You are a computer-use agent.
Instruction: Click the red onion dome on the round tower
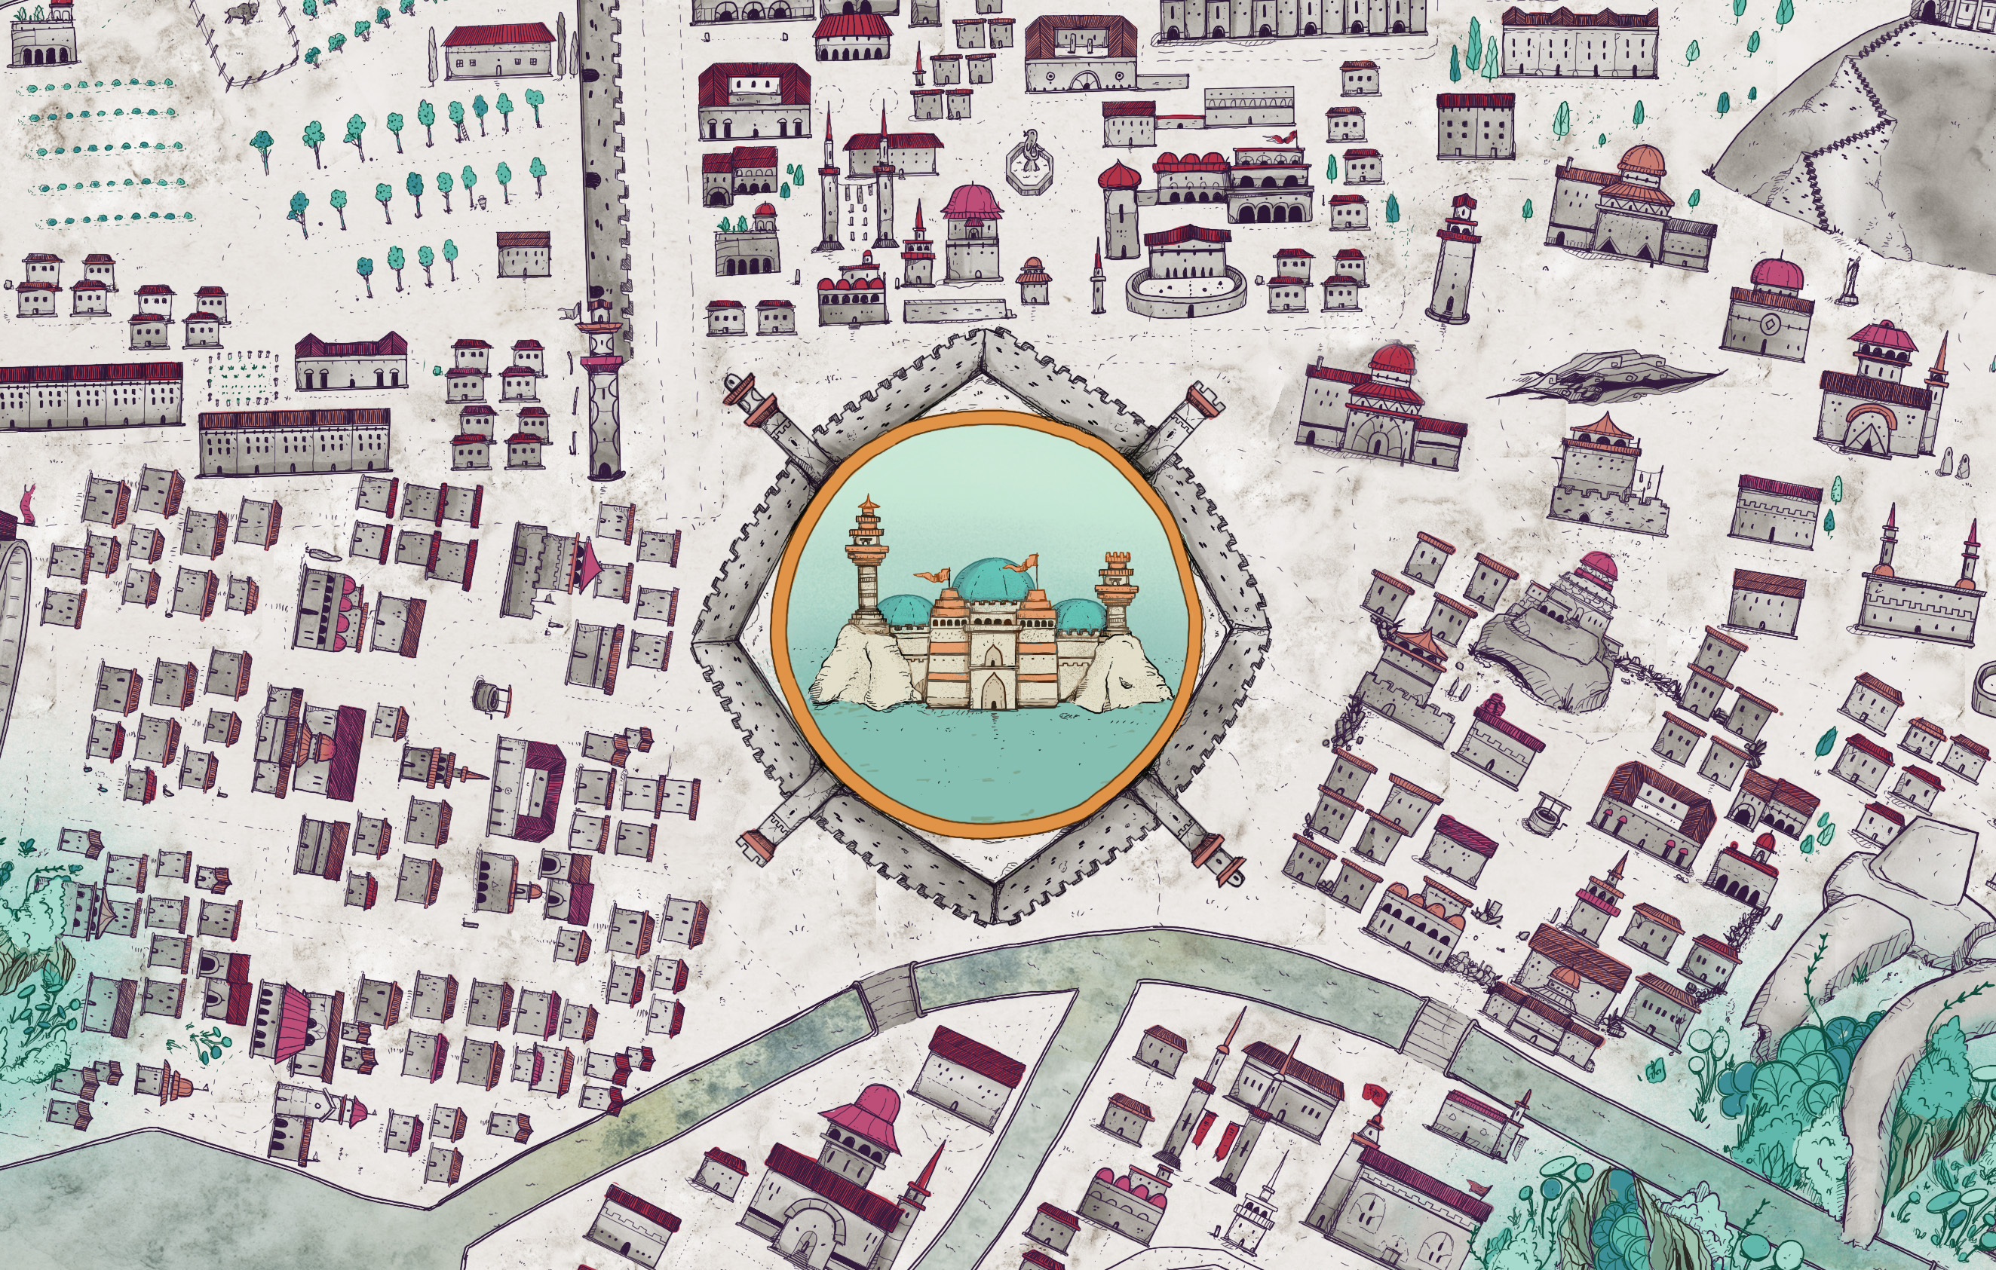[1119, 175]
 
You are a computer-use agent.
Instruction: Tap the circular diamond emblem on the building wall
[1768, 323]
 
